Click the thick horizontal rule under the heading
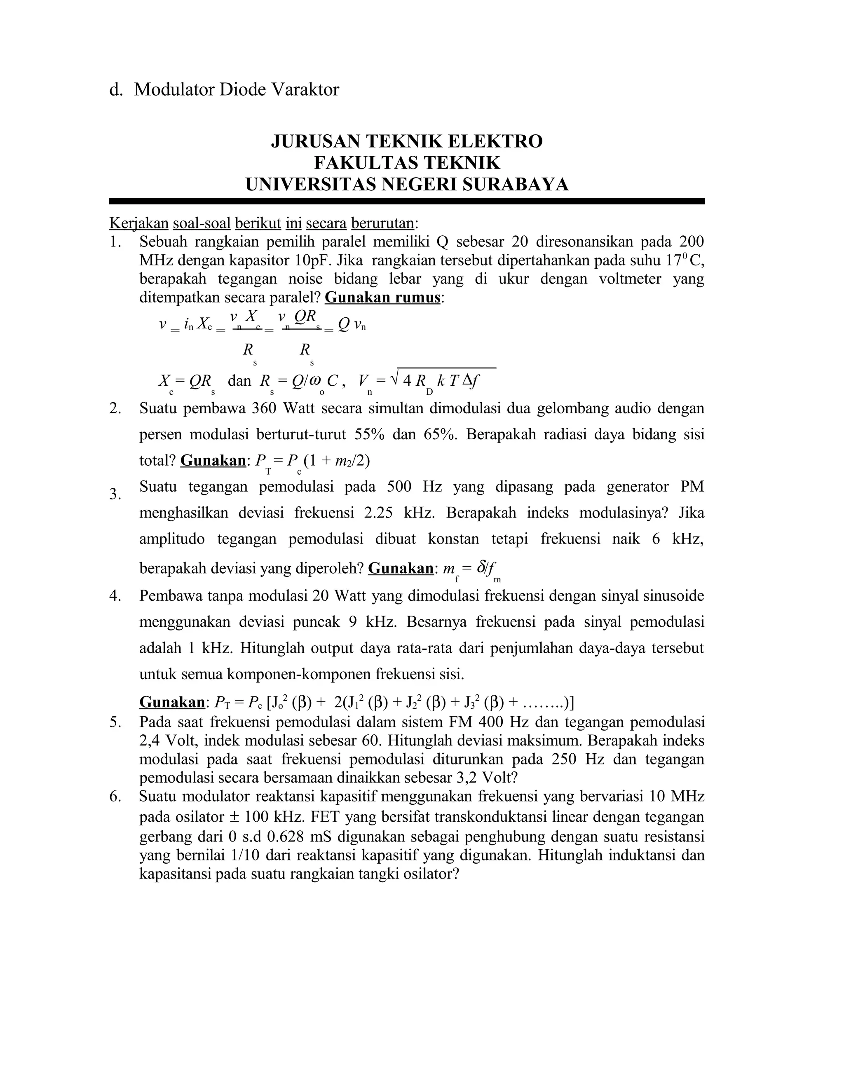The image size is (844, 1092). (x=406, y=202)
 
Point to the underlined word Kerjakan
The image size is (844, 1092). (x=138, y=223)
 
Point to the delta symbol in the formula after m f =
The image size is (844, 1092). (x=481, y=567)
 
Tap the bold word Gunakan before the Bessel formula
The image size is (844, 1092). (x=172, y=703)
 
